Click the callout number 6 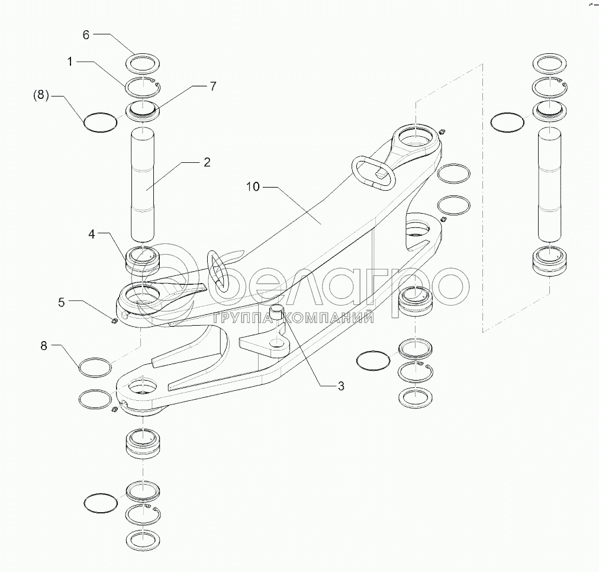click(x=86, y=35)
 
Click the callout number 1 click(x=70, y=62)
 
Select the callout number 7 click(x=212, y=86)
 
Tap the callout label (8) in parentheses click(x=41, y=95)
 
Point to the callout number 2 click(x=207, y=162)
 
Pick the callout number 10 click(x=253, y=187)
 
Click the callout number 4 click(x=92, y=234)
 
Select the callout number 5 click(x=62, y=302)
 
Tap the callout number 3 click(x=341, y=386)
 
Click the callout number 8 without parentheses click(x=44, y=346)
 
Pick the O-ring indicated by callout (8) click(x=100, y=122)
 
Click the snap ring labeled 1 click(x=143, y=86)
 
